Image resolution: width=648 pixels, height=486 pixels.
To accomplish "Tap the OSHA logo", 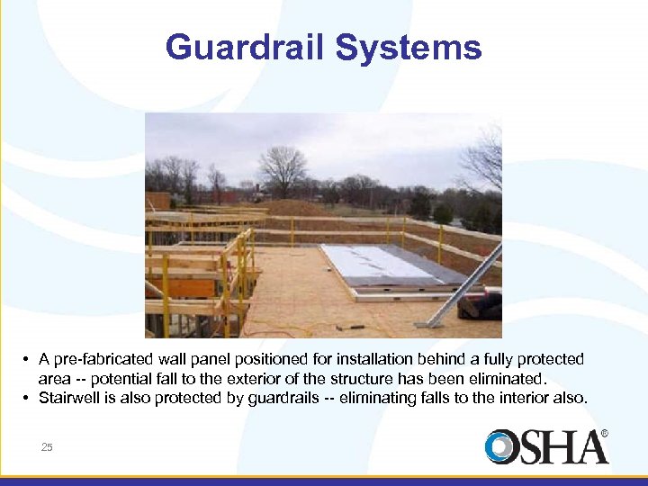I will tap(544, 447).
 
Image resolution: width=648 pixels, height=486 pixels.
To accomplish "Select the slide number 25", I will tap(46, 446).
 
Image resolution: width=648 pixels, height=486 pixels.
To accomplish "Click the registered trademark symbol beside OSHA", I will tap(605, 434).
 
